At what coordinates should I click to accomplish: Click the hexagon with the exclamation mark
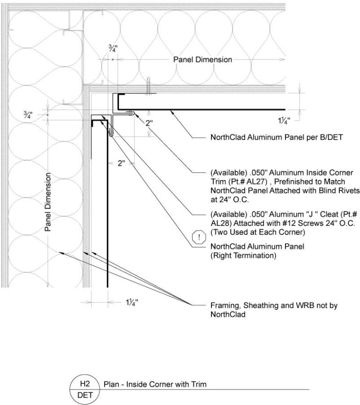click(200, 237)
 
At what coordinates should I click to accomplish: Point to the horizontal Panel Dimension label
click(202, 60)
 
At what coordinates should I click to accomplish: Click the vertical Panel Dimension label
click(49, 202)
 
